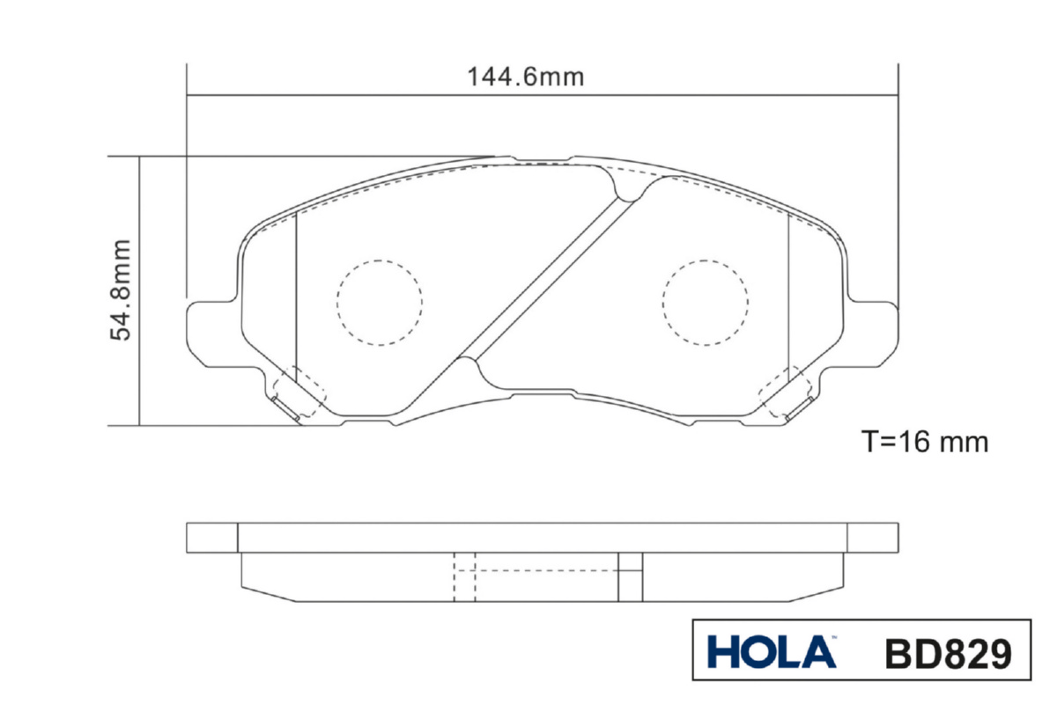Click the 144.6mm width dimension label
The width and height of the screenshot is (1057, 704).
pyautogui.click(x=525, y=77)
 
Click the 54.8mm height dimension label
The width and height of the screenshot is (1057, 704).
pyautogui.click(x=121, y=290)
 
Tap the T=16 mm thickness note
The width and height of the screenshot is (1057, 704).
pyautogui.click(x=924, y=442)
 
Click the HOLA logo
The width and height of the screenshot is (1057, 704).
pyautogui.click(x=772, y=652)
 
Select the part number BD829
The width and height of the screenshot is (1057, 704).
pyautogui.click(x=949, y=654)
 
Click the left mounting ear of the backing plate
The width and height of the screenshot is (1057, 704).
pyautogui.click(x=212, y=333)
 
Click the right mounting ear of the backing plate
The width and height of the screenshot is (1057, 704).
pyautogui.click(x=873, y=333)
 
